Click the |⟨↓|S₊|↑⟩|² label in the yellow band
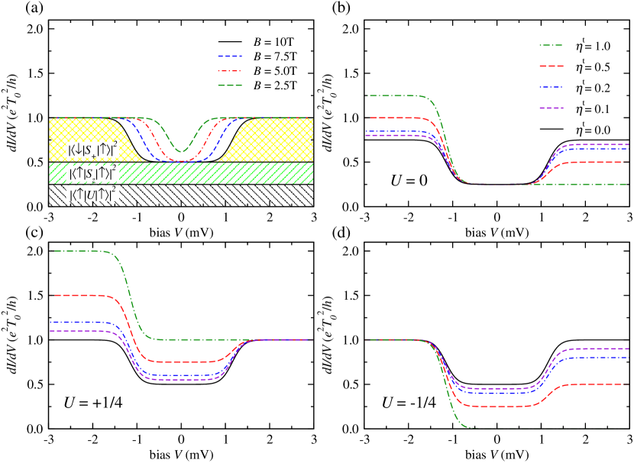coord(92,150)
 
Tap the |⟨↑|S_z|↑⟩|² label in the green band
coord(92,173)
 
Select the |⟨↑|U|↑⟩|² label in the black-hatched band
coord(92,195)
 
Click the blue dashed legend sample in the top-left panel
coord(230,56)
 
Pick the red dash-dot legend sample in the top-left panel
coord(230,71)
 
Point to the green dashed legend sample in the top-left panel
coord(230,85)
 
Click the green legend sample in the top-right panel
coord(551,46)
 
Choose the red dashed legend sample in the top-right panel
coord(551,66)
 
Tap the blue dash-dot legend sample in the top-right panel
coord(551,87)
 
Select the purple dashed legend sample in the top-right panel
coord(551,108)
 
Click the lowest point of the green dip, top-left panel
coord(181,152)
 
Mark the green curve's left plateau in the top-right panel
coord(393,96)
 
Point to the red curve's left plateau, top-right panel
coord(393,118)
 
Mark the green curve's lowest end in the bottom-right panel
coord(474,427)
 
